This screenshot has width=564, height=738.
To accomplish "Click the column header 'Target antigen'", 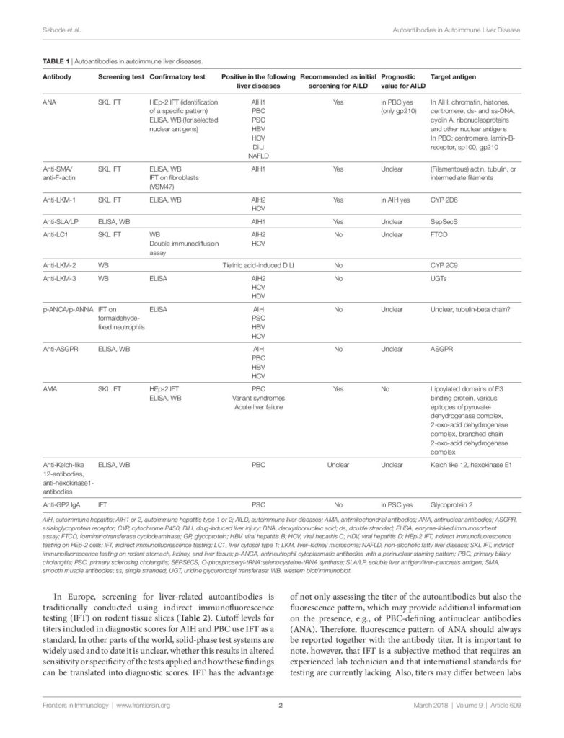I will click(453, 76).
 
